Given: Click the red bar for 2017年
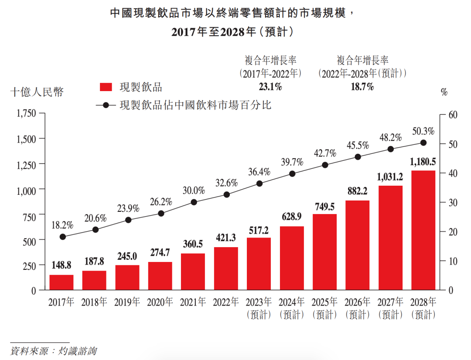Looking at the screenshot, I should click(61, 282).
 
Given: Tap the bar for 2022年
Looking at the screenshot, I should click(226, 268).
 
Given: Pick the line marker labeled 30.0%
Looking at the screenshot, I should click(194, 202).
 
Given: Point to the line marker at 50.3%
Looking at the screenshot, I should click(423, 143).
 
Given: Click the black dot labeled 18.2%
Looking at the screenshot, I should click(62, 237).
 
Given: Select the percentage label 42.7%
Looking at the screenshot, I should click(325, 153).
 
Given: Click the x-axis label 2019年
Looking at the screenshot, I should click(127, 302).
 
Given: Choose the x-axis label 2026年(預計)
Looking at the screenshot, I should click(358, 308).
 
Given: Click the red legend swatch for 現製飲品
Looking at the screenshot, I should click(106, 87).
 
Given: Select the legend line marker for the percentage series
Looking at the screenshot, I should click(106, 105).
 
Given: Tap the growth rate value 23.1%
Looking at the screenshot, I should click(270, 87).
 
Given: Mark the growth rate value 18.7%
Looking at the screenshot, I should click(362, 87).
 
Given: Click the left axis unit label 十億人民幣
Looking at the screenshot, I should click(37, 92).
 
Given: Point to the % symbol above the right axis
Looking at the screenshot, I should click(444, 92).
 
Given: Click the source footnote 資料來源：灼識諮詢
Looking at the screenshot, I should click(53, 351).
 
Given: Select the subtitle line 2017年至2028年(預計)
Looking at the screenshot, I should click(231, 32).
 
